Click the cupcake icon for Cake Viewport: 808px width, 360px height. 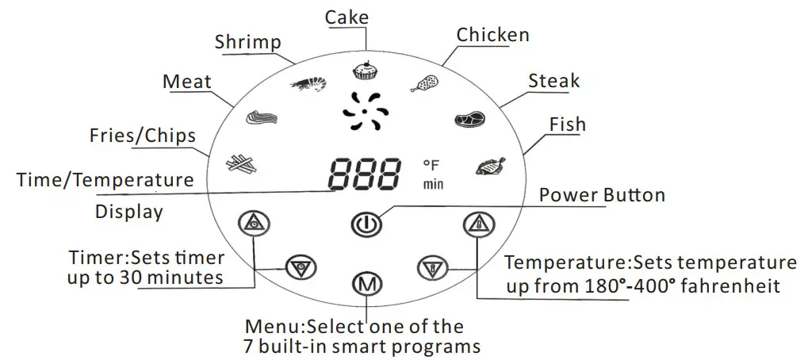click(x=365, y=71)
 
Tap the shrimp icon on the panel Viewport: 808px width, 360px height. click(x=308, y=82)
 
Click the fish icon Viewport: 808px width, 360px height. click(x=490, y=167)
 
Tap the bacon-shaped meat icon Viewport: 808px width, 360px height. click(x=261, y=118)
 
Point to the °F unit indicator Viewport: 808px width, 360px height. click(x=431, y=165)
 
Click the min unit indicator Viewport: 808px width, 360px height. click(x=432, y=185)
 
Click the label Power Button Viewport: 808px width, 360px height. click(x=602, y=195)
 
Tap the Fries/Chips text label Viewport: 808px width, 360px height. click(x=143, y=136)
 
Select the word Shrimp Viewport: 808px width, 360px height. click(x=247, y=42)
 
